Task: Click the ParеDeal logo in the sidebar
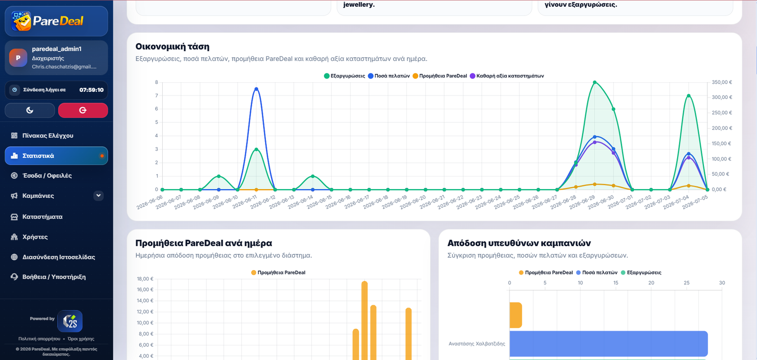click(47, 21)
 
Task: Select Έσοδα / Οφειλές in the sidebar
click(47, 176)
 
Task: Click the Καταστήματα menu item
click(42, 217)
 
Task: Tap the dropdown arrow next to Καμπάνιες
click(98, 195)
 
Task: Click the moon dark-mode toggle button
click(30, 110)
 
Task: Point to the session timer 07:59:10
click(91, 90)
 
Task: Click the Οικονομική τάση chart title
click(172, 46)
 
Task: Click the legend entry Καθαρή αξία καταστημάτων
click(507, 76)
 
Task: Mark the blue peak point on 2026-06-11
click(256, 89)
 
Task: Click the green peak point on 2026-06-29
click(595, 82)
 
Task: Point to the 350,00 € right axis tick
click(722, 82)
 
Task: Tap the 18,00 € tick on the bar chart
click(145, 279)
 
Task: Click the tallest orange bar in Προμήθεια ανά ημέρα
click(364, 320)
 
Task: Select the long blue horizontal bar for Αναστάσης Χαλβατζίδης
click(608, 344)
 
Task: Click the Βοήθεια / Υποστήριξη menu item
click(54, 277)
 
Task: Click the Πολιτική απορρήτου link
click(39, 339)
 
